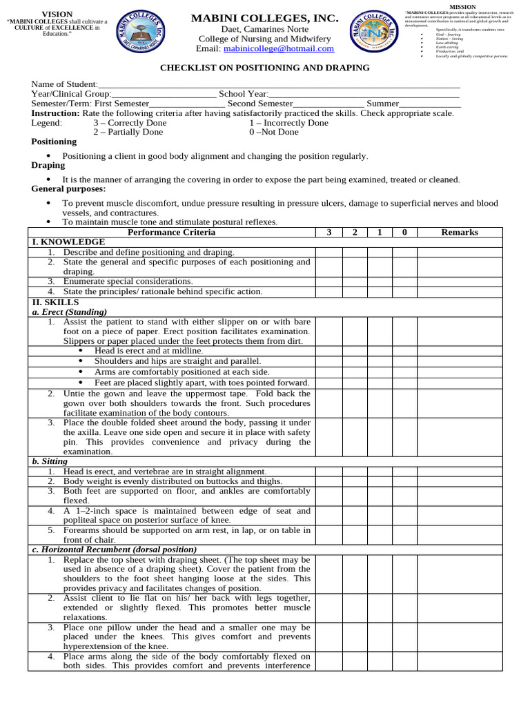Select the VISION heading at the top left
tap(57, 14)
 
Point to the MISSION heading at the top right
tap(462, 6)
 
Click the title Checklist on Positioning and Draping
tap(265, 68)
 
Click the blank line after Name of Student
tap(279, 84)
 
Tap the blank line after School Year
tap(364, 94)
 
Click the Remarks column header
tap(459, 232)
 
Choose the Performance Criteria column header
tap(171, 232)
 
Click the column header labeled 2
tap(355, 232)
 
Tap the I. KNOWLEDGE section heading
tap(68, 242)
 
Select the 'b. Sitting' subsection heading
tap(50, 461)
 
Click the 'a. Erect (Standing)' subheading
tap(70, 312)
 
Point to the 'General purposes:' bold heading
tap(68, 188)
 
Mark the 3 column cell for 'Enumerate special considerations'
tap(329, 282)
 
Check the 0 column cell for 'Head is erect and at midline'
tap(404, 351)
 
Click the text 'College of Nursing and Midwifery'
tap(265, 39)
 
